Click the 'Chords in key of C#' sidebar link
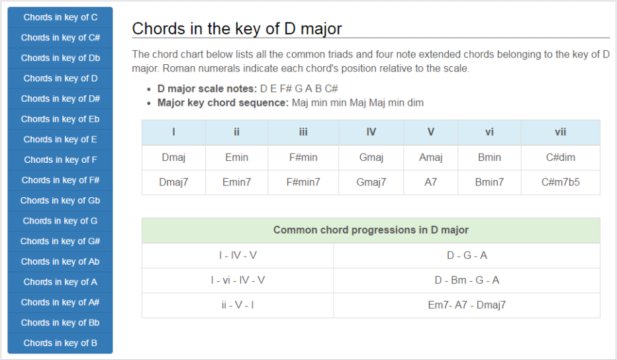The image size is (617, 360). pos(60,38)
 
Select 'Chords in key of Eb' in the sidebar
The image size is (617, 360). pos(60,119)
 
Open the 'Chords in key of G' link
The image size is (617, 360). pos(60,221)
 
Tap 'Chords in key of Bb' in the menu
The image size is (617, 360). pos(60,323)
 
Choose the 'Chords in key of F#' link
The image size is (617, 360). pos(60,180)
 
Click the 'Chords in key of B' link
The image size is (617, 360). pos(60,343)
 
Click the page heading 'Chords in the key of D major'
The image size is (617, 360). pos(237,28)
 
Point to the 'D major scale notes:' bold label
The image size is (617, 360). pos(207,89)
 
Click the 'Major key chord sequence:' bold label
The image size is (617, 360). pos(223,103)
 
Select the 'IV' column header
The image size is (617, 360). pos(371,132)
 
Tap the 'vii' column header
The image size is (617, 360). pos(560,132)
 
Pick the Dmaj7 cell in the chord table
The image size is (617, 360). pos(173,182)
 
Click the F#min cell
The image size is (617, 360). pos(303,157)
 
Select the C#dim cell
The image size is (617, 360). pos(560,157)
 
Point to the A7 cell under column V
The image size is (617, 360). pos(430,182)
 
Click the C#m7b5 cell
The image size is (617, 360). pos(560,182)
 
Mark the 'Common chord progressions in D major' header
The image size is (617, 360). pos(371,230)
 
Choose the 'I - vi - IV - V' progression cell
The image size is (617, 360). pos(238,281)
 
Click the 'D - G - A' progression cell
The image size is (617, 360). pos(467,255)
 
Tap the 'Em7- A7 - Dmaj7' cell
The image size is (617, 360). pos(467,305)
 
